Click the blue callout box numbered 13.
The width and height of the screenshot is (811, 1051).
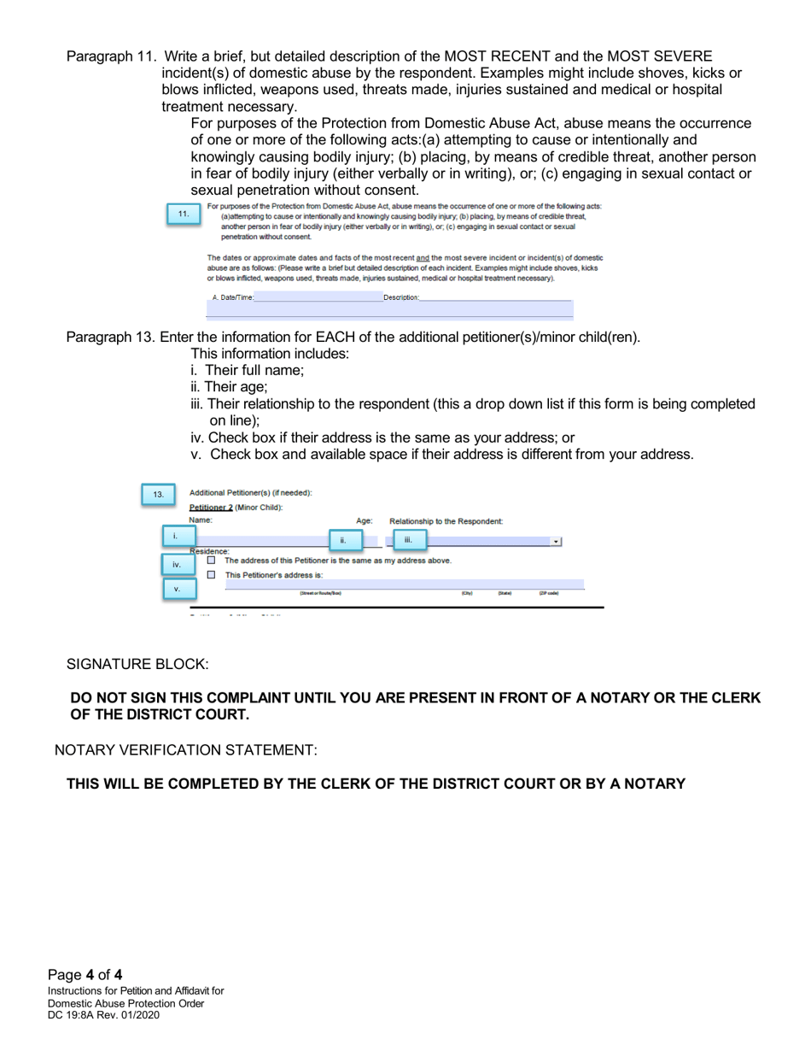[x=157, y=495]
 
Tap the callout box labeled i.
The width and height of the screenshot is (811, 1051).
[x=174, y=537]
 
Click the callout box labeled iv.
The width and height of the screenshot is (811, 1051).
[x=176, y=564]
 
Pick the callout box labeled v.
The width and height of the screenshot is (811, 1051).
[x=176, y=589]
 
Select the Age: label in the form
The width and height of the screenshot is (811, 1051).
[x=364, y=520]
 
